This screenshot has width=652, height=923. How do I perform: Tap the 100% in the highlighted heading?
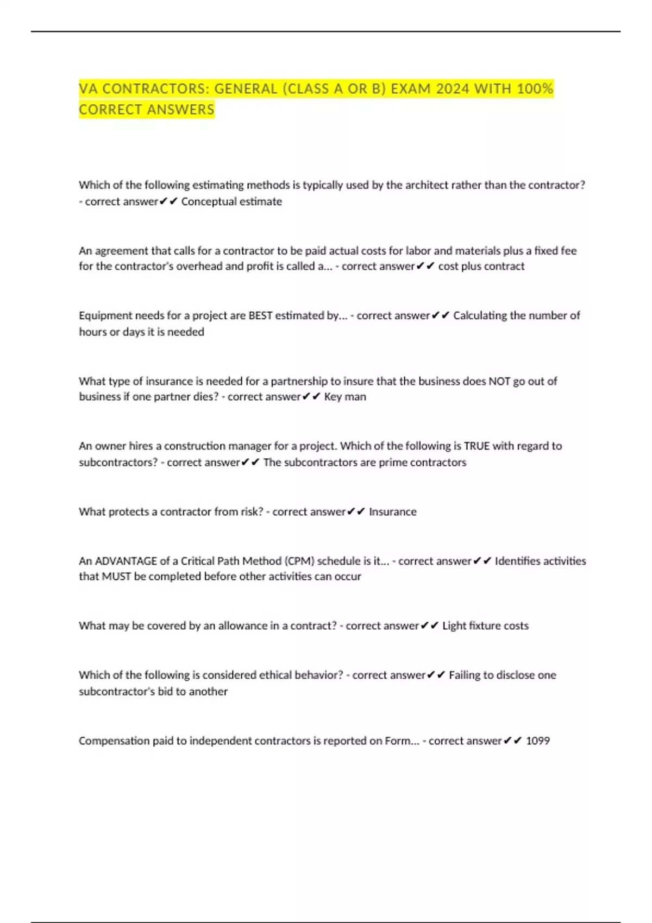(535, 88)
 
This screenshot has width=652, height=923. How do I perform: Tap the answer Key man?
(345, 397)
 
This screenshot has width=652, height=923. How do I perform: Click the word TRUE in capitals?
(477, 446)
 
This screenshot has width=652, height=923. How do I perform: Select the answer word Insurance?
(393, 512)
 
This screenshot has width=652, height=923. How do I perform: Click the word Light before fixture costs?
(454, 626)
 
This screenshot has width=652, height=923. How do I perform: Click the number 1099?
(538, 741)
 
